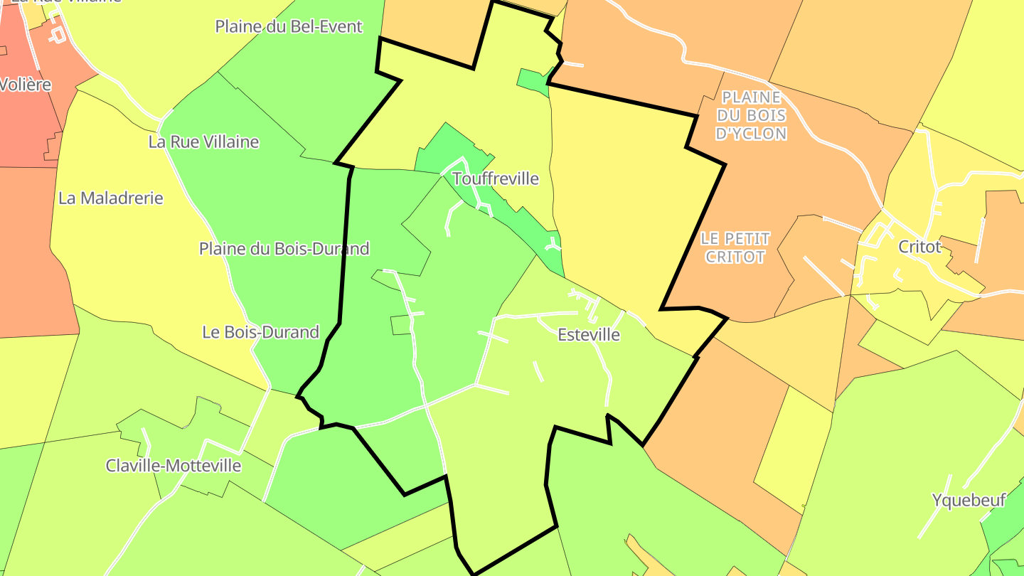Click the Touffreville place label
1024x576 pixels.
[x=496, y=178]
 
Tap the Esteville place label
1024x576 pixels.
[x=589, y=334]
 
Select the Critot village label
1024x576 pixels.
[x=919, y=247]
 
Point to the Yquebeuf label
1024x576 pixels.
[x=969, y=501]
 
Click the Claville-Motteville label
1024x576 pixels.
[x=174, y=466]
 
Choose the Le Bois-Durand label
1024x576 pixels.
[x=260, y=331]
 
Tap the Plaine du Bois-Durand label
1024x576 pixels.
[x=284, y=249]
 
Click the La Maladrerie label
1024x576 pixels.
[x=110, y=198]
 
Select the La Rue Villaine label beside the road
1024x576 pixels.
[x=203, y=142]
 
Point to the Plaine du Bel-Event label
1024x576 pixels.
[x=289, y=26]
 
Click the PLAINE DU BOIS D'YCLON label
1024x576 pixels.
[x=751, y=115]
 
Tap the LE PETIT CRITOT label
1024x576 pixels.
[x=735, y=247]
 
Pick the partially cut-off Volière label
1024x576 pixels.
[x=26, y=85]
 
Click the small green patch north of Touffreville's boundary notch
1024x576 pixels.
[x=533, y=79]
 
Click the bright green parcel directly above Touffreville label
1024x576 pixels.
[x=448, y=146]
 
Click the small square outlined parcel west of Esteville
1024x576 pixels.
[x=401, y=325]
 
